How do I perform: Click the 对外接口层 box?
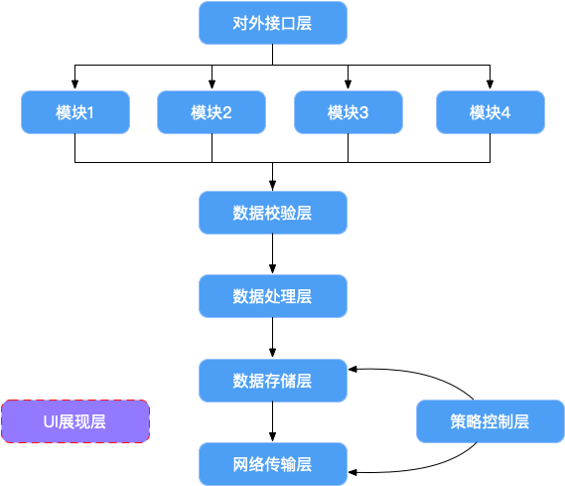click(273, 23)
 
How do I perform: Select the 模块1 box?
click(75, 112)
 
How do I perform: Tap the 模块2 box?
click(212, 112)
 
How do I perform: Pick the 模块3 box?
click(349, 112)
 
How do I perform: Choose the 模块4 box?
click(491, 112)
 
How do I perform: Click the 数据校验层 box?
click(273, 213)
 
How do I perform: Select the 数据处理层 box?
click(273, 296)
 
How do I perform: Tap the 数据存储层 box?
click(273, 381)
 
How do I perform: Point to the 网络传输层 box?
click(273, 464)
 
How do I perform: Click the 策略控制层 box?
click(491, 421)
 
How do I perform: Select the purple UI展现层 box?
click(75, 421)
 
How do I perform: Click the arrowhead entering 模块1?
click(74, 84)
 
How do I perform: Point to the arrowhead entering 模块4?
click(490, 84)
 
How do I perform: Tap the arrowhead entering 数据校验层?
click(272, 185)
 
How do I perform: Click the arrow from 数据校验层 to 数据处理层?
click(272, 254)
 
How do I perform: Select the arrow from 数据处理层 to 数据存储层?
click(272, 338)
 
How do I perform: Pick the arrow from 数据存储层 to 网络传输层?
click(272, 421)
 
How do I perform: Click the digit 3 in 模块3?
click(363, 113)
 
